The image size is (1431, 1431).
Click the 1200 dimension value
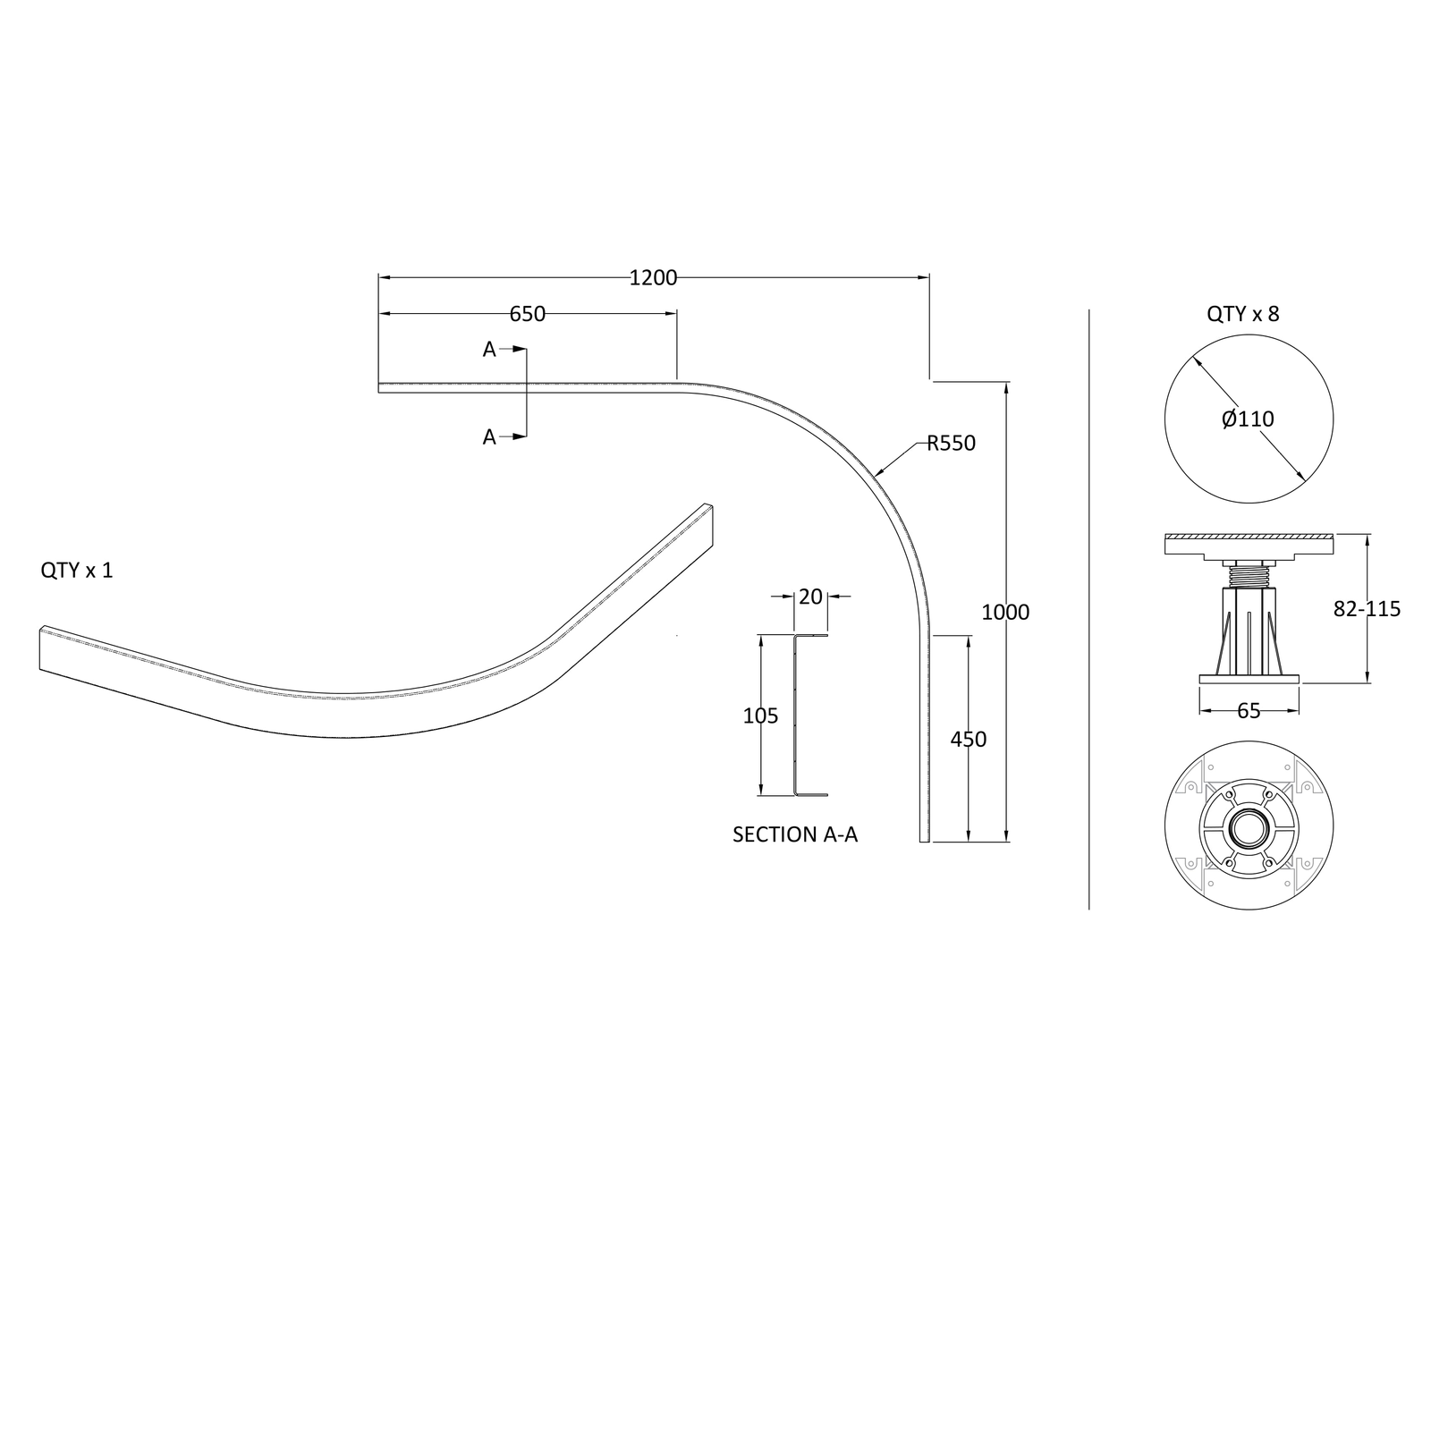(653, 278)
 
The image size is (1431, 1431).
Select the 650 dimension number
(527, 314)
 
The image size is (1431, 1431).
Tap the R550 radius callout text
(951, 443)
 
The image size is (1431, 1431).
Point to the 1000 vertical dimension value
(1005, 613)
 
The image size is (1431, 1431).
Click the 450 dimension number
(968, 740)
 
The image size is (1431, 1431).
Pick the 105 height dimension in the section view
(760, 715)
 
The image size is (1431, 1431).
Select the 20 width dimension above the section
(810, 597)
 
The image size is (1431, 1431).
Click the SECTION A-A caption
(795, 834)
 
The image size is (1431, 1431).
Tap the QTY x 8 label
(1242, 314)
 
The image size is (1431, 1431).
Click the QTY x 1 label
(77, 571)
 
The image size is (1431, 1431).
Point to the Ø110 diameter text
(1248, 419)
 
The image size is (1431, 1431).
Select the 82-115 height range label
(1367, 609)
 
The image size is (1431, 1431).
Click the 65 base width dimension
(1249, 711)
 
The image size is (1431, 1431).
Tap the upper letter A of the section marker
(489, 350)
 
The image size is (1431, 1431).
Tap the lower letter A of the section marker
(489, 437)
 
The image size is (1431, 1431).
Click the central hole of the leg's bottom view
(1249, 826)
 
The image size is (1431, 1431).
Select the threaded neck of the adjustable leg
(1249, 574)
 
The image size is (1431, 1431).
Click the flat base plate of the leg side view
(1249, 680)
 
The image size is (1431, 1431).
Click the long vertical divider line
(1088, 609)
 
